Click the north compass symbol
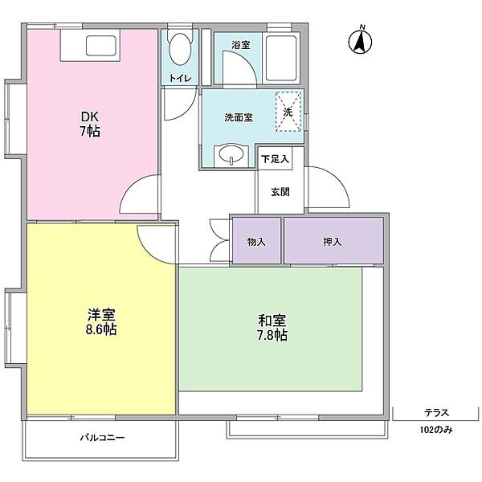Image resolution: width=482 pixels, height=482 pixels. (360, 42)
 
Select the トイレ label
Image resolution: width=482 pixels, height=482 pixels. (180, 78)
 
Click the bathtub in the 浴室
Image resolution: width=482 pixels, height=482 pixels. (281, 58)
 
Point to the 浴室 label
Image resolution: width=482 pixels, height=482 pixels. (241, 45)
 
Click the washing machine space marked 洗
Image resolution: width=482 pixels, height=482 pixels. (288, 112)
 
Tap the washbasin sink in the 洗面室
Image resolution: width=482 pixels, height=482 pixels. (231, 156)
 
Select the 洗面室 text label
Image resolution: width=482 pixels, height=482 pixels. (239, 117)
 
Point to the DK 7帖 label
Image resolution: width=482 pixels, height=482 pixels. (90, 125)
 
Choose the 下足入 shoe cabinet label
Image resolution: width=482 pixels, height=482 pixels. (275, 159)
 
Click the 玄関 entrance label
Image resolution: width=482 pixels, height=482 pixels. (280, 192)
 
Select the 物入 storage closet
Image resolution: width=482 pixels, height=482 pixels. (256, 241)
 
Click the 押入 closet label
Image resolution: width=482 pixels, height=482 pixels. (332, 243)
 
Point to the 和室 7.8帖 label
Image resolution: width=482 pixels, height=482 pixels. (272, 328)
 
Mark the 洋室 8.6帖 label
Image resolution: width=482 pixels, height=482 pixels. (101, 321)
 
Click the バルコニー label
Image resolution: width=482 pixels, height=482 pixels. (102, 438)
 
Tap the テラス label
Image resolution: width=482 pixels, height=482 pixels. (436, 413)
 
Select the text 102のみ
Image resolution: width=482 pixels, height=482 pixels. (436, 430)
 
